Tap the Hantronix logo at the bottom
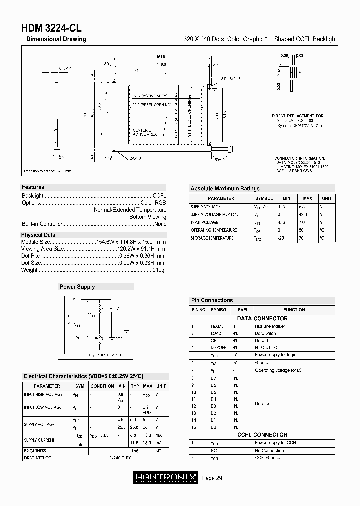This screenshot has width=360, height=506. coord(167,478)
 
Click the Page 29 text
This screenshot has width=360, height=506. coord(212,478)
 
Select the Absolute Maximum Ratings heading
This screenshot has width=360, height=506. coord(225,189)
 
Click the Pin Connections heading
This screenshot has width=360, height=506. coord(212,300)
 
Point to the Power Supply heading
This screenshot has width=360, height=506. coord(77,287)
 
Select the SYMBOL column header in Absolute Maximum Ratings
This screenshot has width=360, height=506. coord(264,198)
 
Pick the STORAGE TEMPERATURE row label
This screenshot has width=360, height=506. coord(212,238)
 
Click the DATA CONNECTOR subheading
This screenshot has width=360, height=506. coord(262,318)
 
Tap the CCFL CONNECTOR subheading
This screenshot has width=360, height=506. coord(262,435)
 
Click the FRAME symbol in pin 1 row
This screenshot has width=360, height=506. coord(217,326)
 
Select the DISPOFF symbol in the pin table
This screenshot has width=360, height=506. coord(218,347)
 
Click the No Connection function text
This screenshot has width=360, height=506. coord(269,450)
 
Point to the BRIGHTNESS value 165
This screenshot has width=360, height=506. coord(135,451)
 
